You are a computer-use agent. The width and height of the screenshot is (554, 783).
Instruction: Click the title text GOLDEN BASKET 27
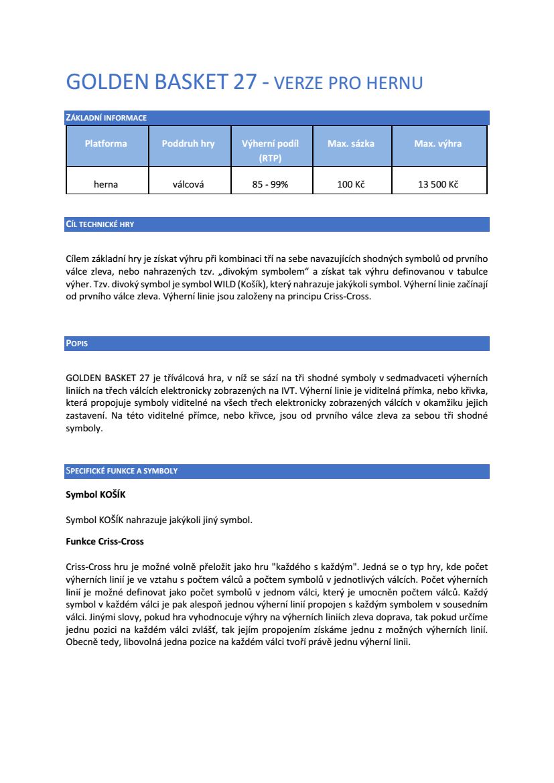click(161, 82)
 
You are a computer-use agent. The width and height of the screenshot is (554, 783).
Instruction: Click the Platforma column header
click(106, 143)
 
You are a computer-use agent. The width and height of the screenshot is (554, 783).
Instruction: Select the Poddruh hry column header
click(188, 143)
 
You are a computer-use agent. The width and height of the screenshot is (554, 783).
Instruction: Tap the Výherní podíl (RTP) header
click(270, 151)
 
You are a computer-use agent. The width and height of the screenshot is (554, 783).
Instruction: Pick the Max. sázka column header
click(351, 143)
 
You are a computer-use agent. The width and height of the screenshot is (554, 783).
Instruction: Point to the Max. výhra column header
click(438, 143)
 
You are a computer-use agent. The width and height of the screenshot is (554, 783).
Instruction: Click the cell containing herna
click(106, 184)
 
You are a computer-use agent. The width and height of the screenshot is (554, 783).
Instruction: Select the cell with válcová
click(188, 184)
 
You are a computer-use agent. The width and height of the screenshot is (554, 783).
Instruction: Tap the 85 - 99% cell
click(270, 184)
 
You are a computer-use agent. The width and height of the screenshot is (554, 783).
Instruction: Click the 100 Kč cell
click(351, 184)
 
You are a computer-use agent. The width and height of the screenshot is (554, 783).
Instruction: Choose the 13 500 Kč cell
click(438, 184)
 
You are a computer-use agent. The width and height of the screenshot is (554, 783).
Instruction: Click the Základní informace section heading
click(106, 118)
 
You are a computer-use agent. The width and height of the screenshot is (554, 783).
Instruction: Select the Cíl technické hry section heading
click(100, 224)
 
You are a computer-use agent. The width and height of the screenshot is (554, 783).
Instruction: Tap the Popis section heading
click(77, 344)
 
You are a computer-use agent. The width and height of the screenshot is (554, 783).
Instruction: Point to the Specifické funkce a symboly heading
click(121, 471)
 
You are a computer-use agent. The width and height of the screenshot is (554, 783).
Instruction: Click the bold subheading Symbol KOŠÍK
click(96, 495)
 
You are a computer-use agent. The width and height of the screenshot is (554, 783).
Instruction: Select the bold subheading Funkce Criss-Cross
click(105, 541)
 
